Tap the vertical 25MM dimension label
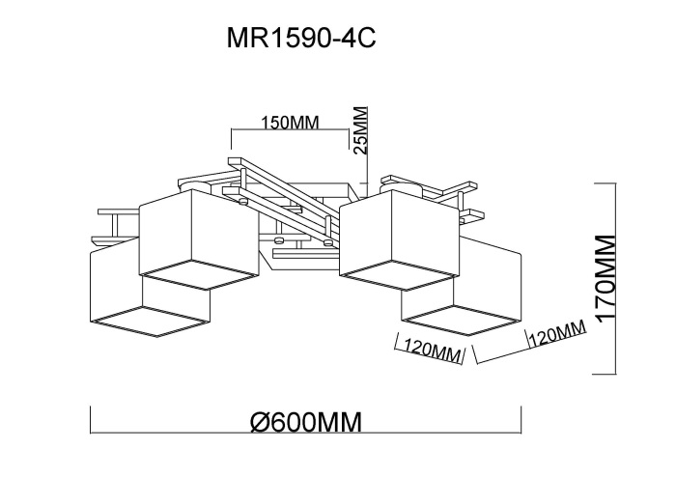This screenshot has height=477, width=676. (x=361, y=129)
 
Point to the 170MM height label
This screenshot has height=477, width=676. (x=606, y=279)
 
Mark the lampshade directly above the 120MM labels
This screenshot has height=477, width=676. (x=464, y=285)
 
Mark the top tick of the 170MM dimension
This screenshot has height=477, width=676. (x=605, y=182)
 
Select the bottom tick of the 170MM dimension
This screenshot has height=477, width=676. (x=605, y=375)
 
